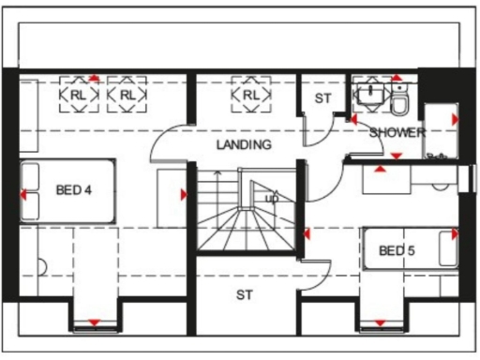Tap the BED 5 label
[397, 250]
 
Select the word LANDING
[243, 145]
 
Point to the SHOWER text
[397, 132]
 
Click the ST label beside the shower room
[322, 97]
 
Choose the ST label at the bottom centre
[245, 295]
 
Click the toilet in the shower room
[399, 98]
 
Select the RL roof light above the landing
[250, 95]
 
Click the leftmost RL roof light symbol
[78, 95]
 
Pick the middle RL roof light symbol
[127, 95]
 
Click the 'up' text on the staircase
[273, 199]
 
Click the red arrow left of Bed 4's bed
[22, 195]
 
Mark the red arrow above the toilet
[398, 78]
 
